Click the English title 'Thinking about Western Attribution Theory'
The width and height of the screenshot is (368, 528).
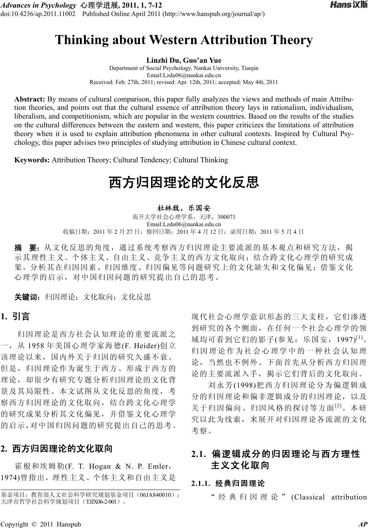[184, 40]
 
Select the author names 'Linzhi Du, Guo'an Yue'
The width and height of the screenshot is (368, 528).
[184, 60]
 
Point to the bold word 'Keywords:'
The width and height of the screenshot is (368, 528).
[32, 160]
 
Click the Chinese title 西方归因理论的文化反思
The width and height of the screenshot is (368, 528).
[184, 182]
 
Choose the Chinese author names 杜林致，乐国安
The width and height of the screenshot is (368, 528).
[184, 208]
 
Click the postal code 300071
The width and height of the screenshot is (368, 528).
[226, 217]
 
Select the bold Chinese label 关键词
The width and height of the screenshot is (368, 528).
[26, 297]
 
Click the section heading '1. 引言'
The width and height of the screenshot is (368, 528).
[15, 316]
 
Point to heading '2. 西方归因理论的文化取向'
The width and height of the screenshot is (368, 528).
[57, 449]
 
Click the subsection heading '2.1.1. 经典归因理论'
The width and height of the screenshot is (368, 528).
[228, 484]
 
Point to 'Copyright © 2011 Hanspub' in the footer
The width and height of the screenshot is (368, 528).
[41, 524]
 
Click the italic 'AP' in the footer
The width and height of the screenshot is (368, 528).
[362, 524]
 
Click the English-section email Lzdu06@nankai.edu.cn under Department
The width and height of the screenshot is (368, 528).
[184, 75]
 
